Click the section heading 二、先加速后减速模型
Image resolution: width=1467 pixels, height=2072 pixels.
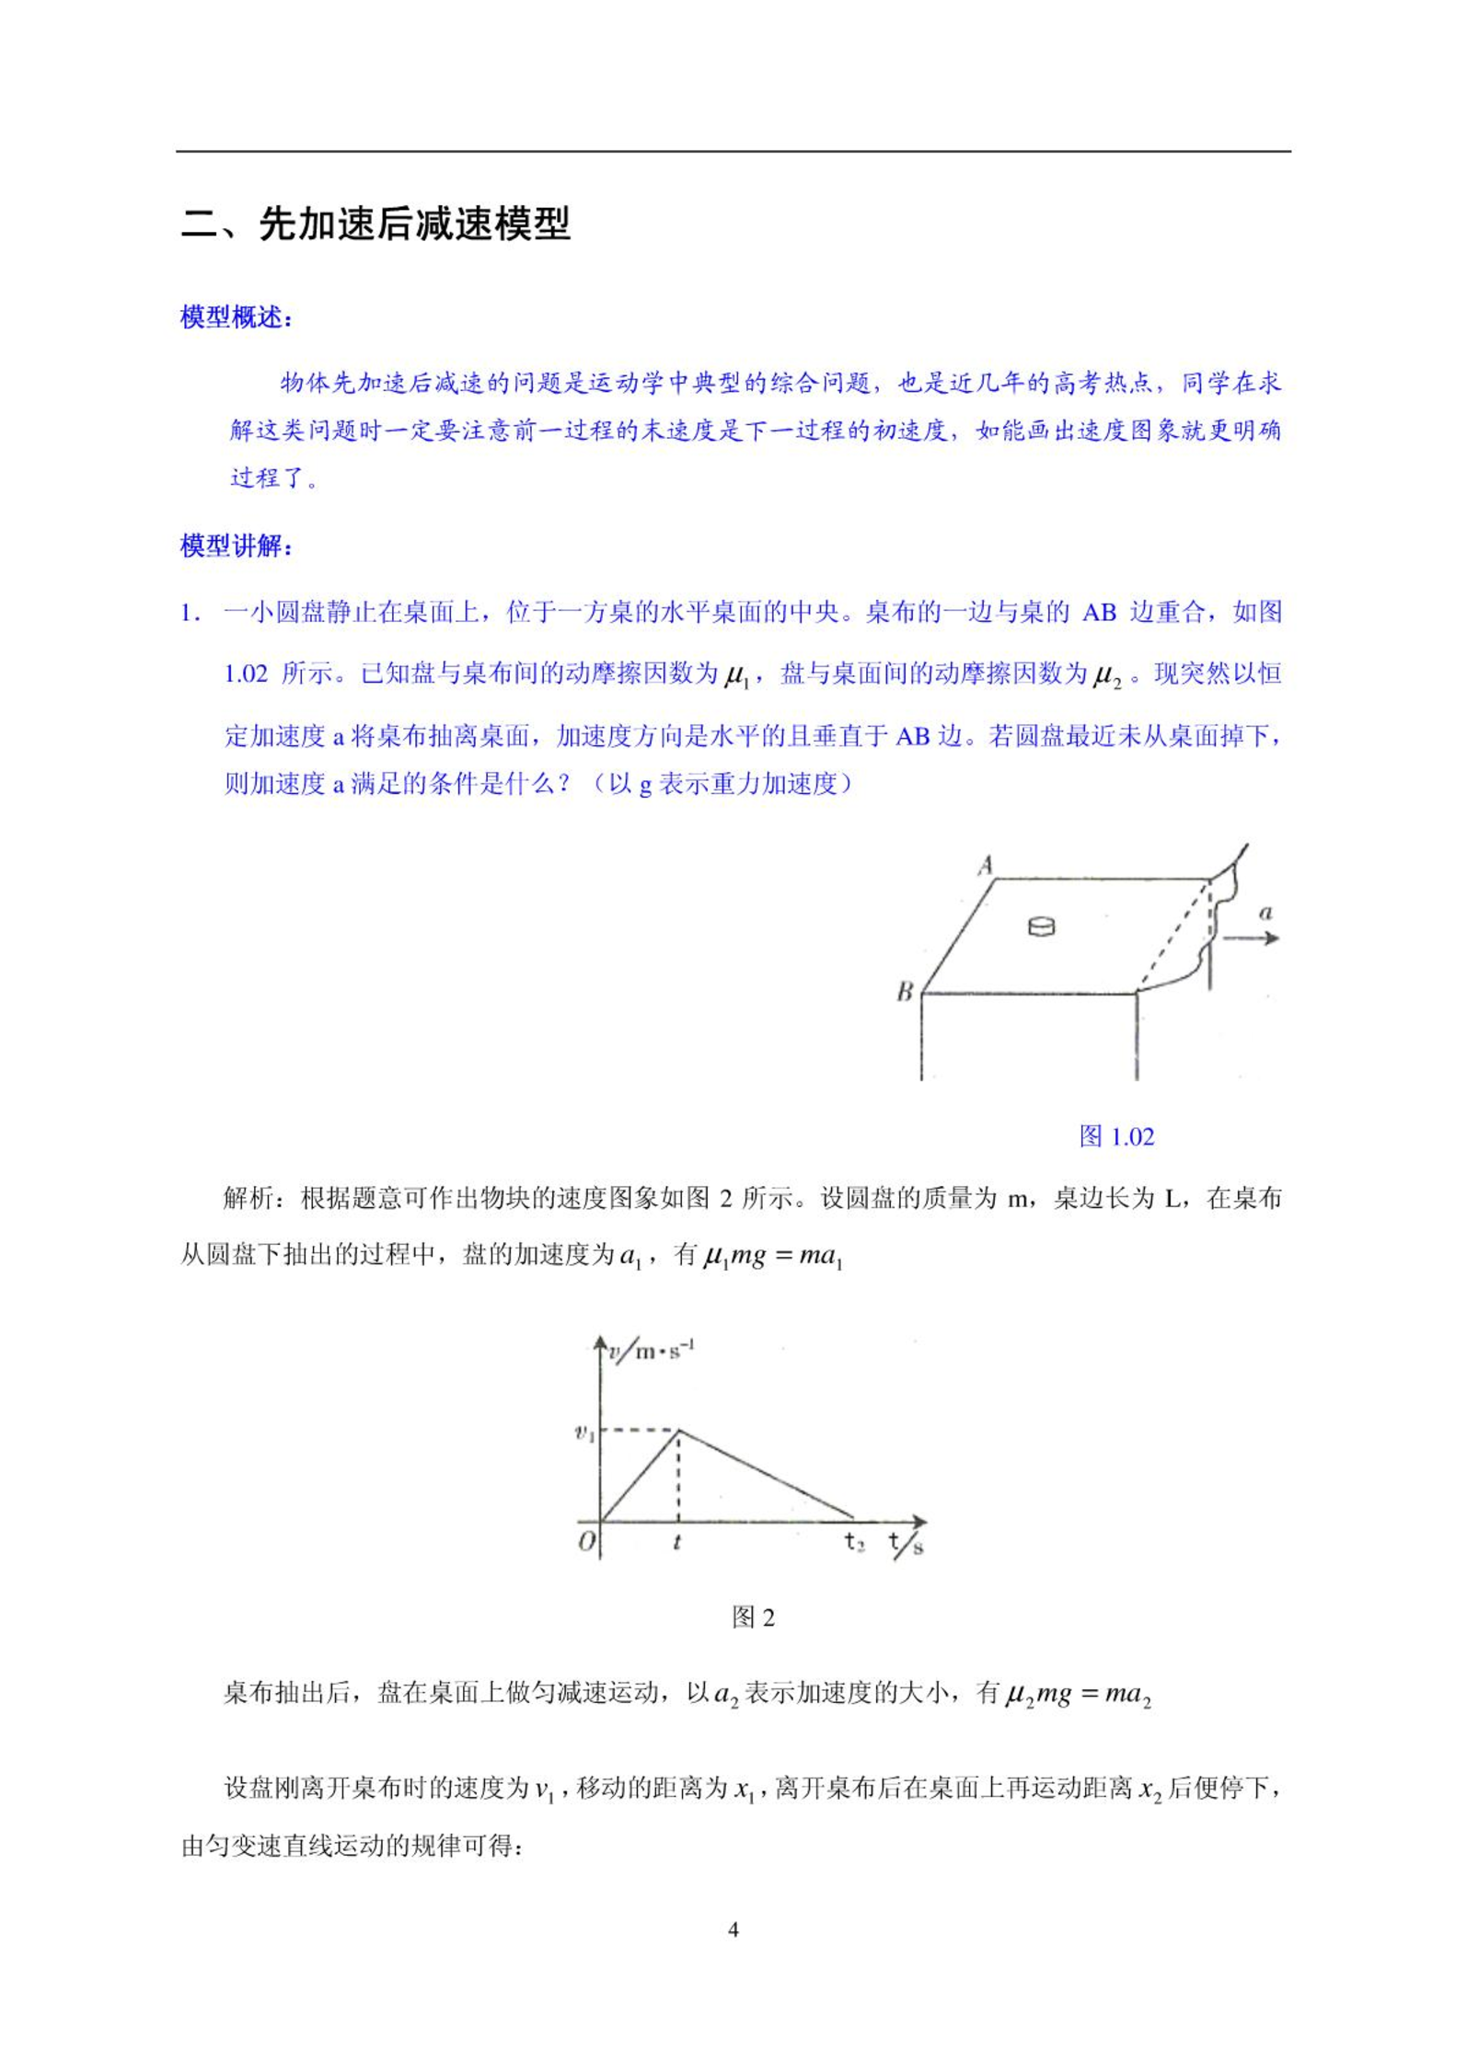(x=375, y=224)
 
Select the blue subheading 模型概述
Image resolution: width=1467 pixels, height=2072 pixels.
(x=235, y=318)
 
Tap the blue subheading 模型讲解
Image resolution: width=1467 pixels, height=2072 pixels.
(x=235, y=547)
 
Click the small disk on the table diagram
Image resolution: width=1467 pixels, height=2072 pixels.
(x=1041, y=926)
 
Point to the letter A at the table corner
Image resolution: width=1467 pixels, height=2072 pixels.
(x=986, y=865)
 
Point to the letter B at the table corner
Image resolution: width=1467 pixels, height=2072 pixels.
(x=905, y=992)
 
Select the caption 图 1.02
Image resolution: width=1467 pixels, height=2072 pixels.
(x=1116, y=1136)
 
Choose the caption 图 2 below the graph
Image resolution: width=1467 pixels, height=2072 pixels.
(x=753, y=1617)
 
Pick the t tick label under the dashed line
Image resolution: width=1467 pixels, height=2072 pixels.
(x=677, y=1542)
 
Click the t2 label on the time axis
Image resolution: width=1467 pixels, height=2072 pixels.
(x=855, y=1542)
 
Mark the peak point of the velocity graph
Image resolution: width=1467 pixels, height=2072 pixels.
(x=679, y=1430)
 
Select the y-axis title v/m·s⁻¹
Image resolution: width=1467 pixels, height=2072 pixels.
(x=652, y=1351)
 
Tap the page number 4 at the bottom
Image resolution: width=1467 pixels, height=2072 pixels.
(x=733, y=1930)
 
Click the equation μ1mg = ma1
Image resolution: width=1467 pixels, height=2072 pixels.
(x=773, y=1256)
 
